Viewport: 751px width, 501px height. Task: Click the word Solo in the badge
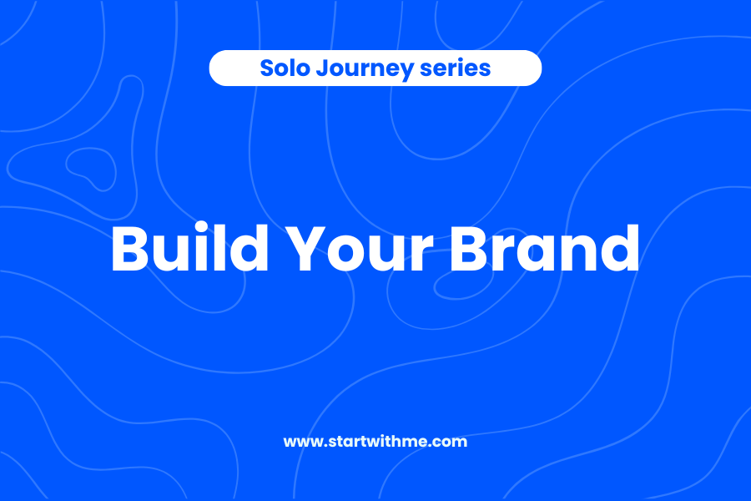tap(283, 68)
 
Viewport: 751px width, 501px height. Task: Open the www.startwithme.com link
tap(375, 442)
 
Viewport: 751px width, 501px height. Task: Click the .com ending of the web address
tap(451, 442)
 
